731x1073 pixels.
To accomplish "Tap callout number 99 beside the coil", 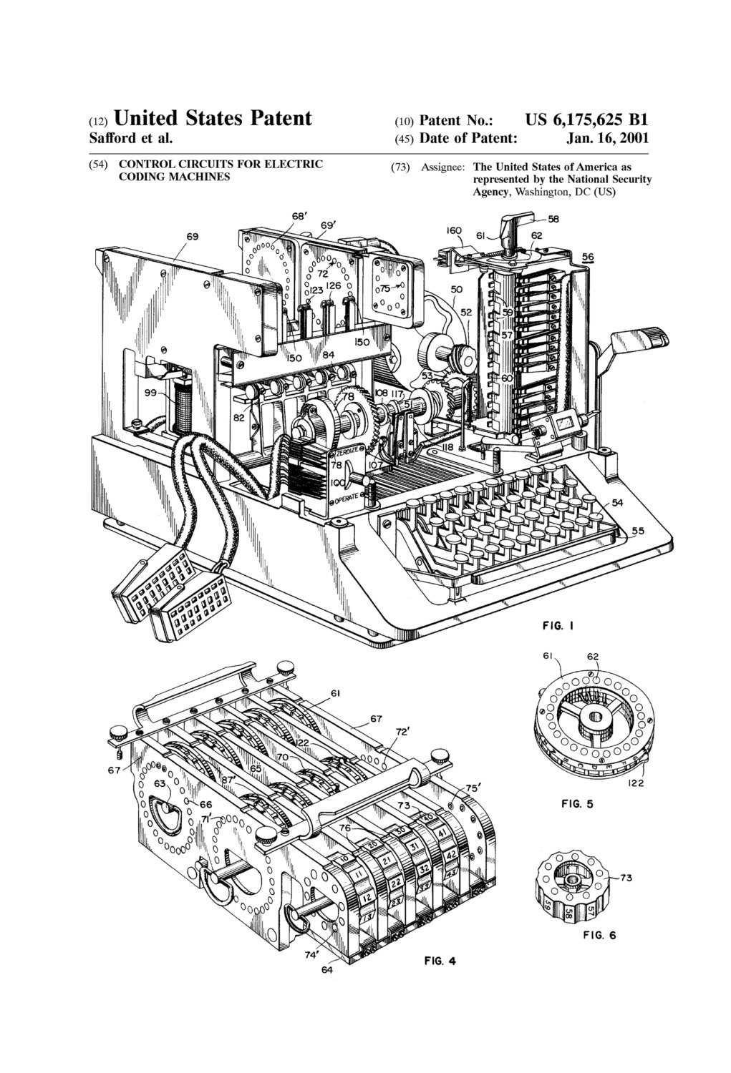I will (x=150, y=393).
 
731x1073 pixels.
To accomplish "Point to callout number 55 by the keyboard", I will (x=638, y=531).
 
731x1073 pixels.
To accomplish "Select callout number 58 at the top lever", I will (x=553, y=220).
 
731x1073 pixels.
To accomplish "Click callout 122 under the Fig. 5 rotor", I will (x=637, y=783).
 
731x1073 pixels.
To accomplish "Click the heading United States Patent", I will (x=213, y=118).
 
